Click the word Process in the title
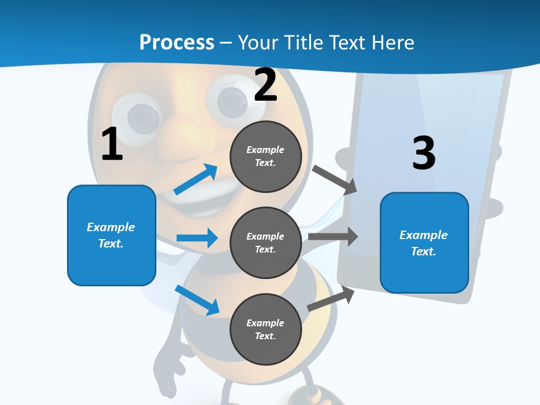coord(177,42)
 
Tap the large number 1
coord(112,145)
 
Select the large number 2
coord(265,85)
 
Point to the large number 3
coord(424,153)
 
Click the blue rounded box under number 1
coord(111,235)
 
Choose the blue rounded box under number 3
coord(424,242)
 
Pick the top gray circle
coord(265,156)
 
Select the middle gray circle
coord(265,242)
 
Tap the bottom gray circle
coord(265,329)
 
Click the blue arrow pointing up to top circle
coord(196,179)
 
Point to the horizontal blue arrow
coord(197,238)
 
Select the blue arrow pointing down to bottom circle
coord(197,299)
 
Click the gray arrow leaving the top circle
coord(335,179)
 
